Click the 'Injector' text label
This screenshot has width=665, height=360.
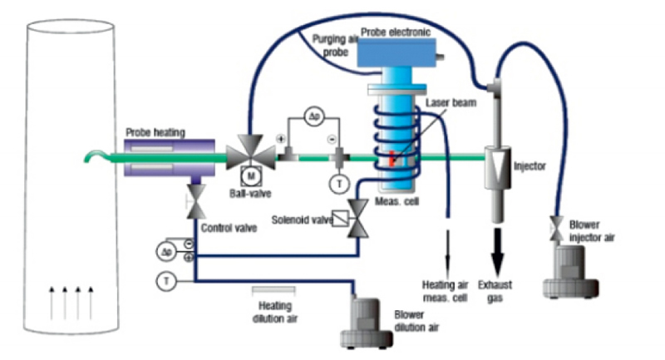coord(530,165)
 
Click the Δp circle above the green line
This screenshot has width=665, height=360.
coord(313,116)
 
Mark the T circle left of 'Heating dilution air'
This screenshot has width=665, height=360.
coord(167,281)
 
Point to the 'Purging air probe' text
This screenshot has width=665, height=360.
coord(336,44)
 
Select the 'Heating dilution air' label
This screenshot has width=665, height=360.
coord(274,311)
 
